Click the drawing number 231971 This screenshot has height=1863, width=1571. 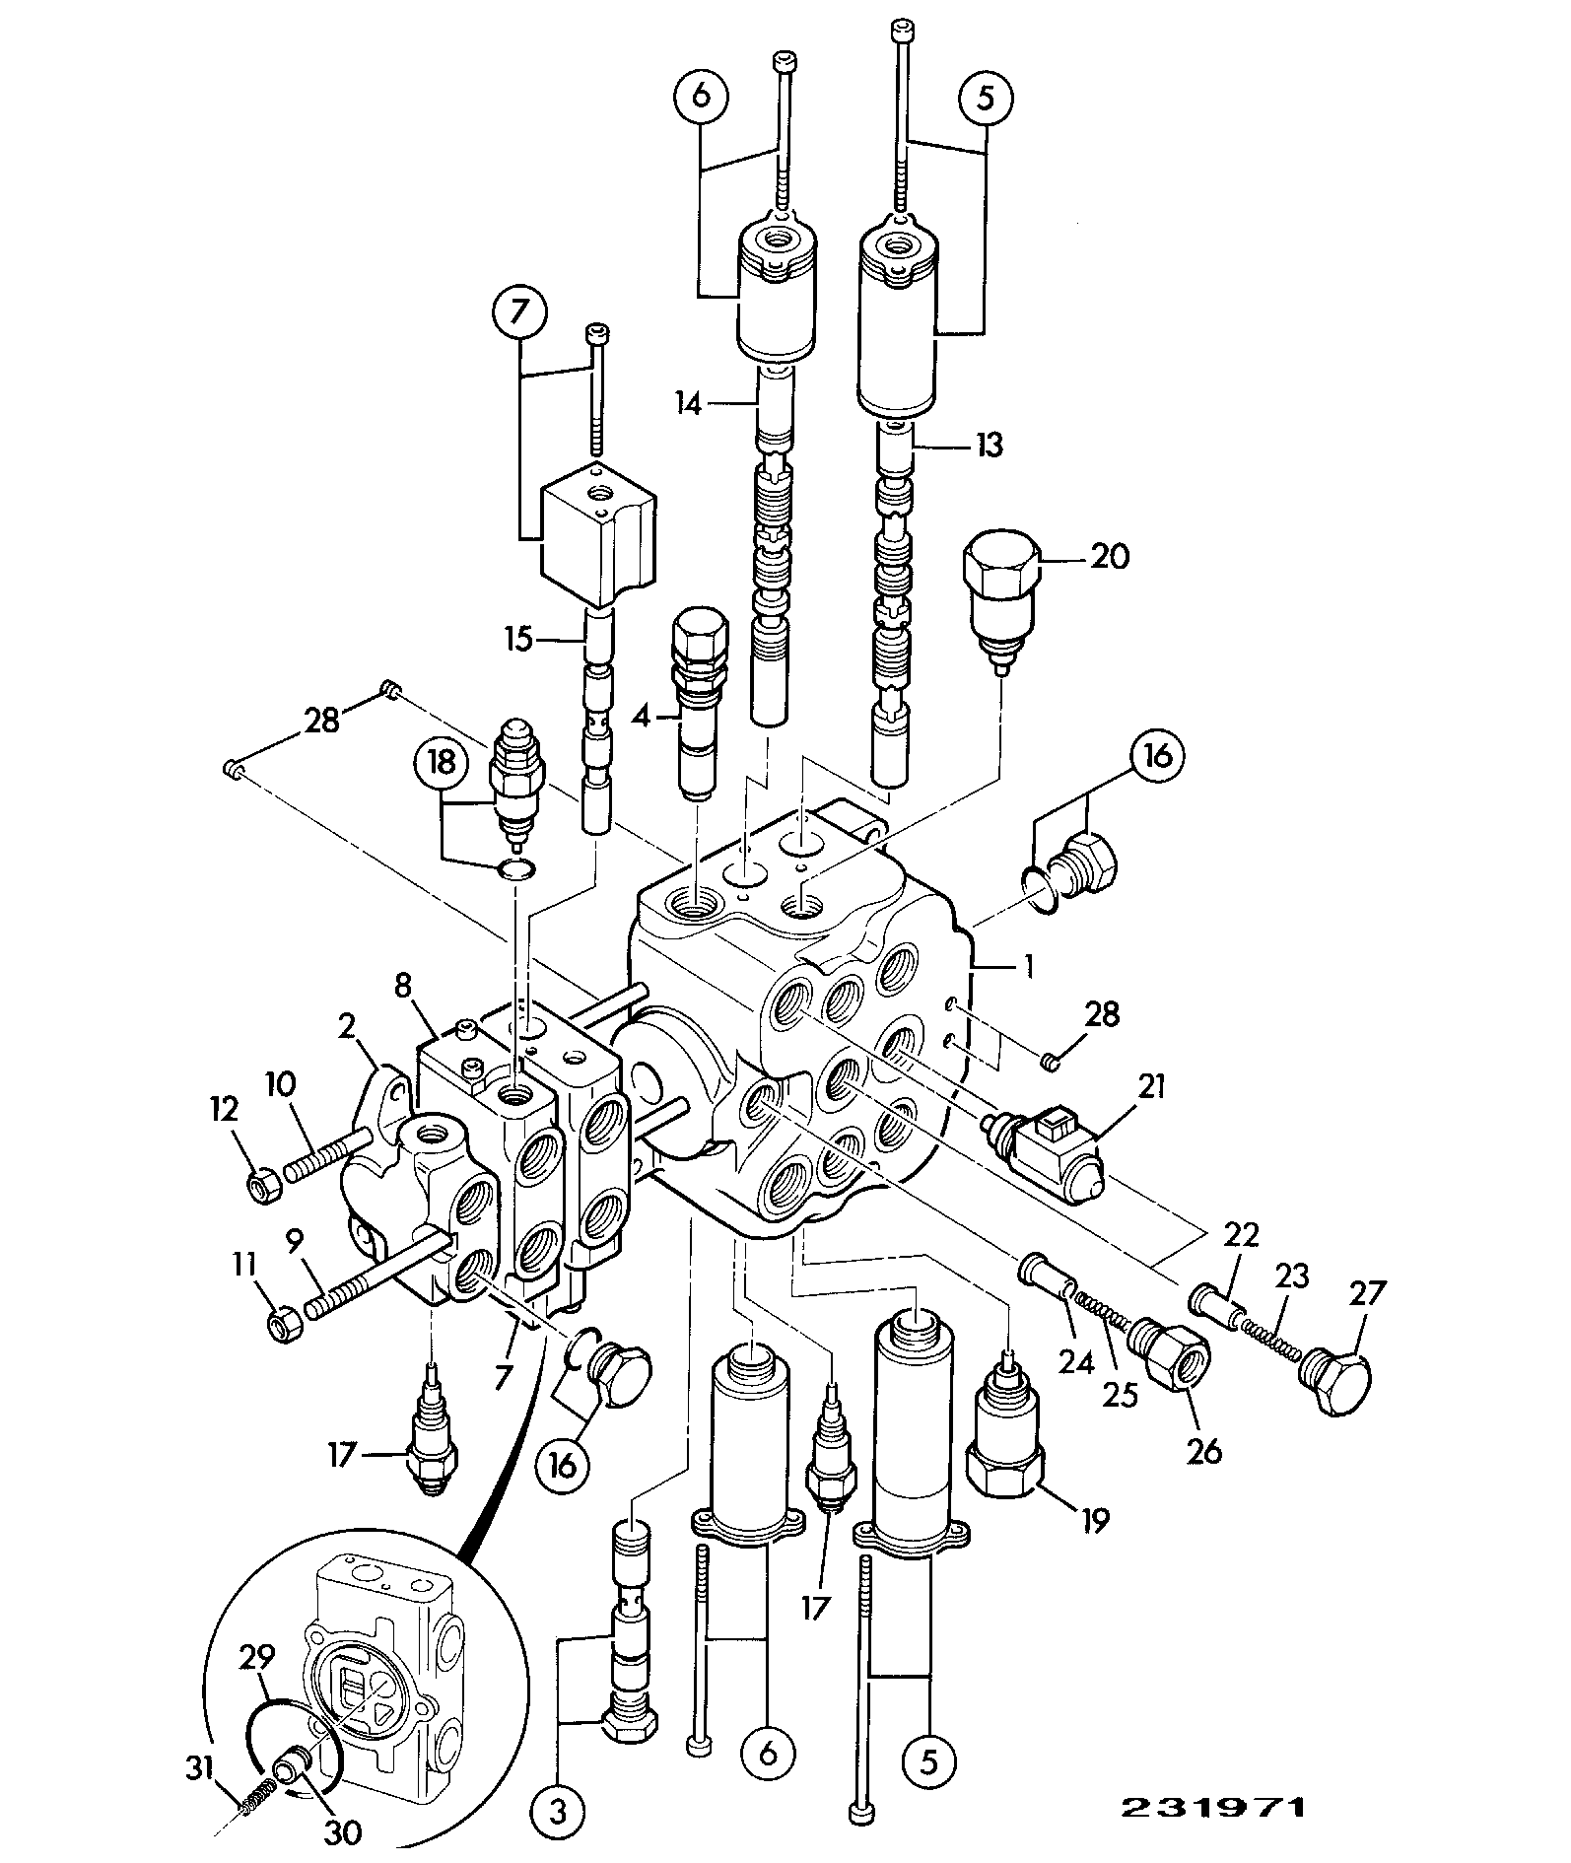(x=1212, y=1807)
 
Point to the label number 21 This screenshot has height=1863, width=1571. (x=1150, y=1088)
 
